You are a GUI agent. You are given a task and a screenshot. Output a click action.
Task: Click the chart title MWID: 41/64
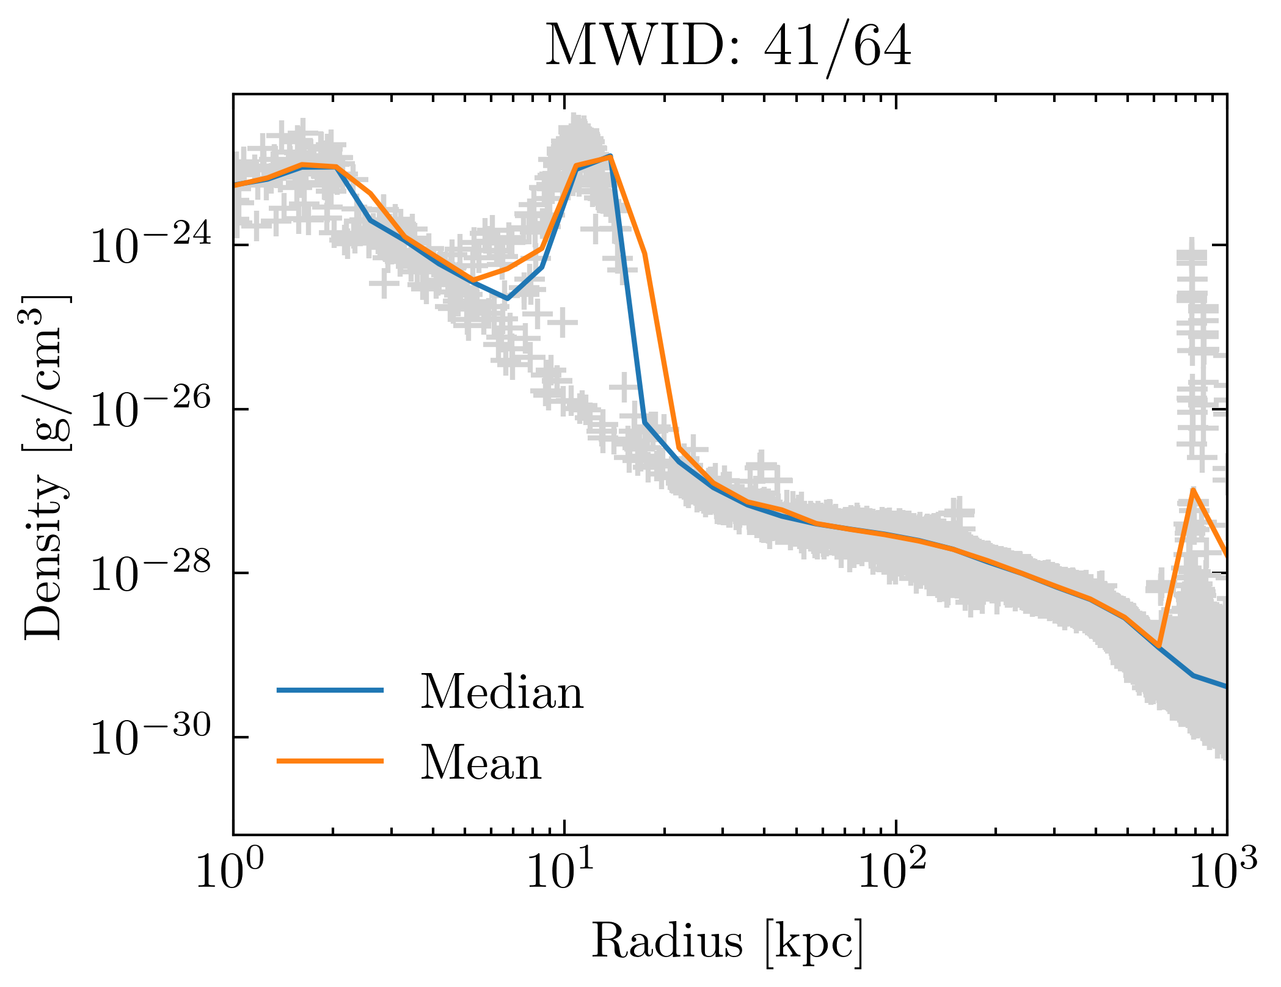coord(728,46)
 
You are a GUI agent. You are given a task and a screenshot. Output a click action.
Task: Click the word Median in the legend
coord(502,692)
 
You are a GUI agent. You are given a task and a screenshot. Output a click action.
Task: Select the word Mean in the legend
coord(481,763)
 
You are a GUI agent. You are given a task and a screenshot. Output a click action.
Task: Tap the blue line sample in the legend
coord(330,690)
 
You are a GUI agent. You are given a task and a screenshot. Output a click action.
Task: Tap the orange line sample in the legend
coord(330,761)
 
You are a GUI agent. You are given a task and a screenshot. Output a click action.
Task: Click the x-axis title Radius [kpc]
coord(727,941)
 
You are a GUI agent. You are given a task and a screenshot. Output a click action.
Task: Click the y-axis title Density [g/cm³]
coord(46,467)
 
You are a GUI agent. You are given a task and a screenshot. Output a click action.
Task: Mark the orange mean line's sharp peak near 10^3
coord(1192,490)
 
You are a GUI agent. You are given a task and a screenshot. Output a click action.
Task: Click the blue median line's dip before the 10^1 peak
coord(507,299)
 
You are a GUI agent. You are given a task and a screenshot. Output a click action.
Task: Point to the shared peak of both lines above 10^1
coord(610,157)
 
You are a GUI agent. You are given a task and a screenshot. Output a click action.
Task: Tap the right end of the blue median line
coord(1225,687)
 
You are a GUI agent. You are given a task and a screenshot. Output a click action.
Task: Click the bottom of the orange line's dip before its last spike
coord(1158,646)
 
